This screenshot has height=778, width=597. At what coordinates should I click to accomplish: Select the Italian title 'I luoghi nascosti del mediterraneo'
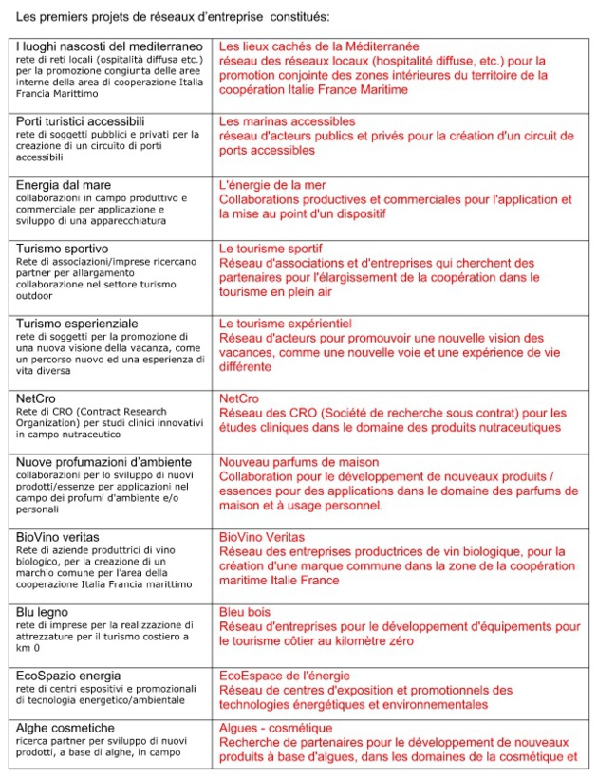pos(109,46)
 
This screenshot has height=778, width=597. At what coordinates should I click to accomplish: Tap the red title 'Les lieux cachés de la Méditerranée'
pos(319,46)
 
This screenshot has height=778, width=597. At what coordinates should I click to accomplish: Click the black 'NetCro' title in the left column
pos(37,398)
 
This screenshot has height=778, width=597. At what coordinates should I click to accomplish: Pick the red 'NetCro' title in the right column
pos(239,398)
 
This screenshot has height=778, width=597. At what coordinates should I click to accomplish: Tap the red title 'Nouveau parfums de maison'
pos(299,462)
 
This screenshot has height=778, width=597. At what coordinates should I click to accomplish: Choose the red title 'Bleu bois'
pos(246,612)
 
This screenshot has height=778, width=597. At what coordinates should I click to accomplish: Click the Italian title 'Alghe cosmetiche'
pos(65,729)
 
